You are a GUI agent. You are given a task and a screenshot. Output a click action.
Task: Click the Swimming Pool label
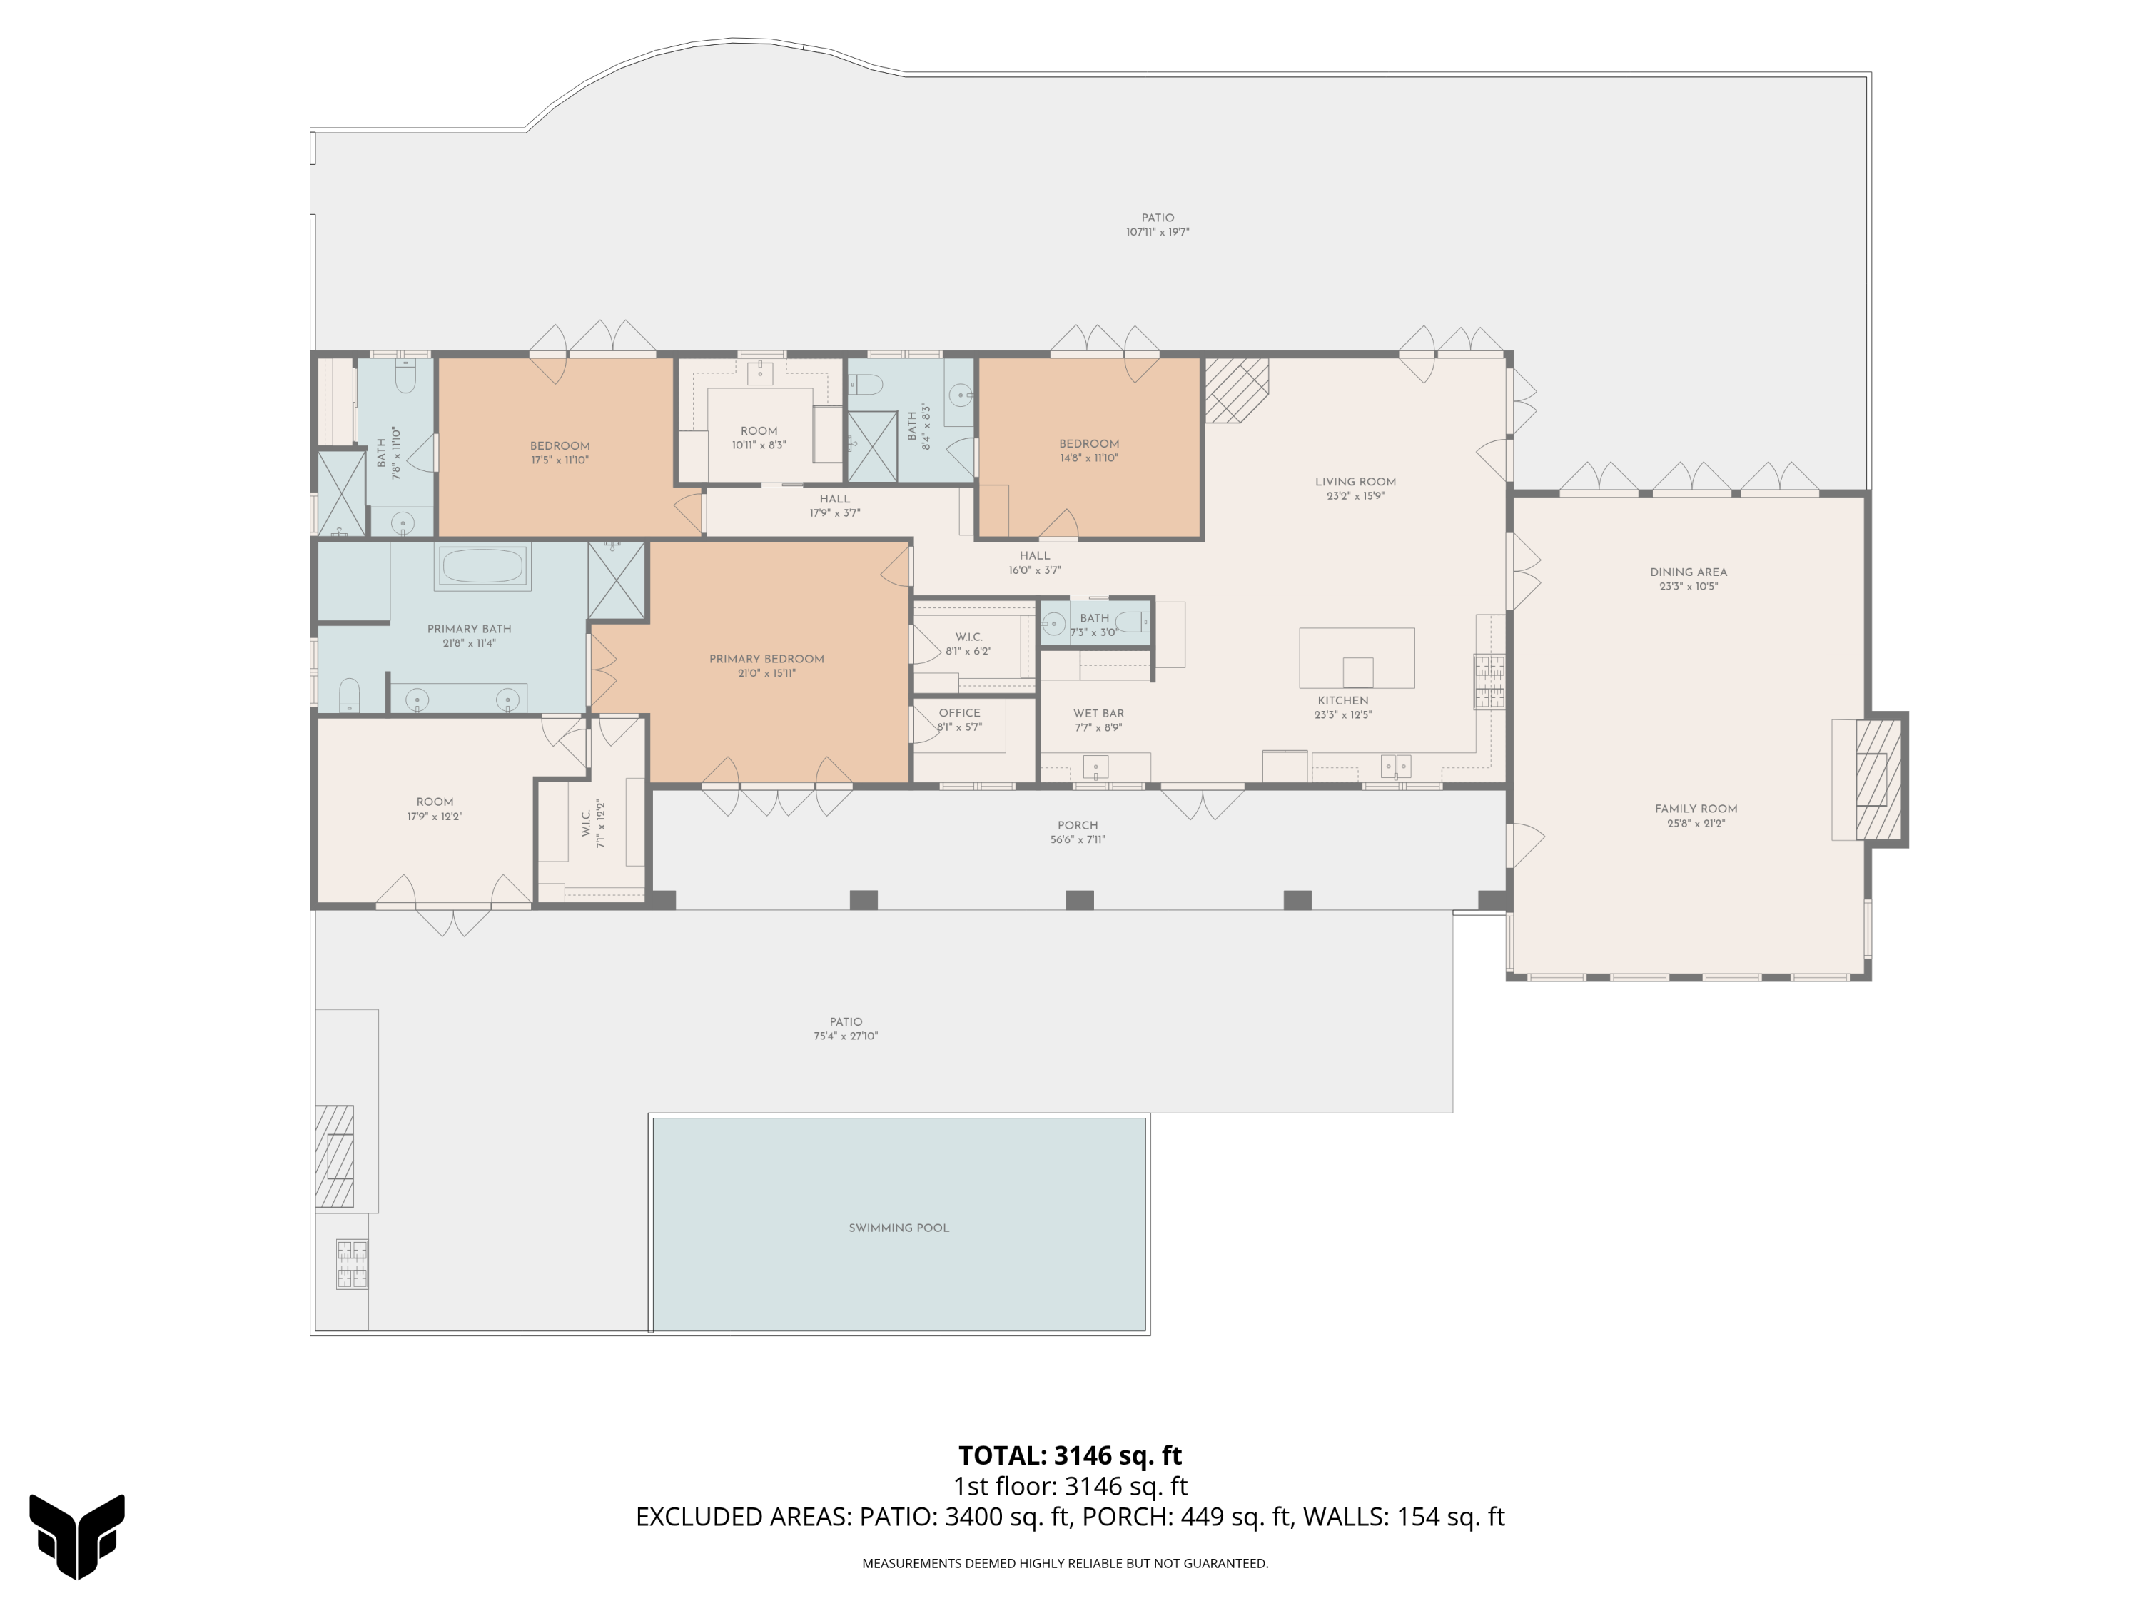(x=899, y=1228)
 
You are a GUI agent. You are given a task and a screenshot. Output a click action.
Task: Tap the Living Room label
(x=1355, y=482)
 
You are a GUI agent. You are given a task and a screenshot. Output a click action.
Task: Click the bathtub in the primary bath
(x=483, y=566)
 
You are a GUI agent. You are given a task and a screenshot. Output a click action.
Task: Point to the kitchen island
(x=1356, y=657)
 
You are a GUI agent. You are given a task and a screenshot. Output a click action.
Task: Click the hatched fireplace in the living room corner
(x=1235, y=390)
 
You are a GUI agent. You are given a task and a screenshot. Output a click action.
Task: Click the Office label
(x=959, y=712)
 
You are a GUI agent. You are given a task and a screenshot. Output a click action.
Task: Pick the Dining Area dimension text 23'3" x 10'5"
(x=1688, y=587)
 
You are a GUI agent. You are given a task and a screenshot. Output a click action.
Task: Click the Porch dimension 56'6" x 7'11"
(x=1077, y=840)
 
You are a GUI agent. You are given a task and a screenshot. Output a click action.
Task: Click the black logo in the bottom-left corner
(x=76, y=1535)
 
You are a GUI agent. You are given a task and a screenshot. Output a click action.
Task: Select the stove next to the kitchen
(x=1489, y=682)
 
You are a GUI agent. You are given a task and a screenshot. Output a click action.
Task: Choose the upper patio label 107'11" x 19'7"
(x=1157, y=232)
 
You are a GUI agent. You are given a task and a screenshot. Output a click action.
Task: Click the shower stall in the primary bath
(x=617, y=580)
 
